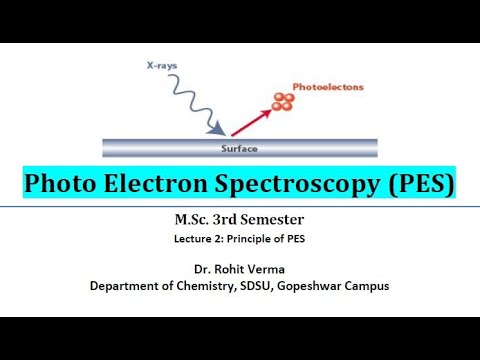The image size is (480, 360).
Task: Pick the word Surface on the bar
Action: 239,148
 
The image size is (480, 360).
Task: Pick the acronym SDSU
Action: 266,285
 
